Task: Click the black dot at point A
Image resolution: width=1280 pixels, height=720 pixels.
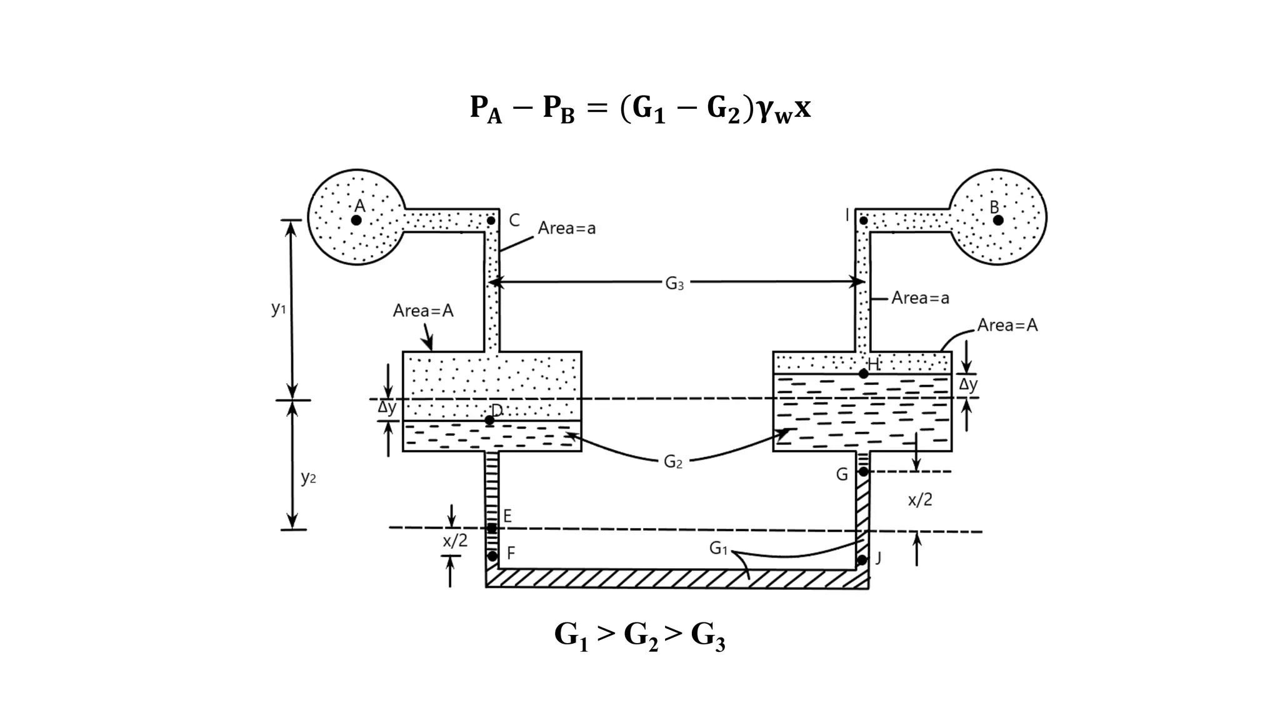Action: [x=356, y=220]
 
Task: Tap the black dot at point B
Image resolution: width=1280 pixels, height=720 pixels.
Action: [x=998, y=220]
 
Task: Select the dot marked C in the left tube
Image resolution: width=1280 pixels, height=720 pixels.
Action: [x=491, y=221]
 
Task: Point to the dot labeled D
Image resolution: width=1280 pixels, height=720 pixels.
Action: [x=489, y=420]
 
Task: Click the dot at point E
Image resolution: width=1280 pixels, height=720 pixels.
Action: [x=492, y=529]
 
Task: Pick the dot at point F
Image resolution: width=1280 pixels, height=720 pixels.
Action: [x=492, y=556]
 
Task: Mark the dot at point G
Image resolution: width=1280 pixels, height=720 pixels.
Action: [x=863, y=471]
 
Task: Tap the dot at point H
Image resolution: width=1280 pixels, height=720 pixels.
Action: [x=863, y=374]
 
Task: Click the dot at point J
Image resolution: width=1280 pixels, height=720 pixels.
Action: [x=862, y=560]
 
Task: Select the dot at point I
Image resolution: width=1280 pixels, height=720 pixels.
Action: [x=863, y=221]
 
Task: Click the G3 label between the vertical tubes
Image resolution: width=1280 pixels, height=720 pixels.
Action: [x=674, y=284]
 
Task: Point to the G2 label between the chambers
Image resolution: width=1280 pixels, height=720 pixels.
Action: [x=673, y=462]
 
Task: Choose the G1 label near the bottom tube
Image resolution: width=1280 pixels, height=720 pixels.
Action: [x=718, y=549]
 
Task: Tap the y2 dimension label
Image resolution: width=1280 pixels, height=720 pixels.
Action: [x=308, y=477]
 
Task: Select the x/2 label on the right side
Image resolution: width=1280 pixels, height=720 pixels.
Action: [x=920, y=499]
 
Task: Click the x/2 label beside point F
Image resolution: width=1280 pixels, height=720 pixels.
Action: [x=455, y=541]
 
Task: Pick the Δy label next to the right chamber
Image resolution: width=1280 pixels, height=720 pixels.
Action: [x=968, y=384]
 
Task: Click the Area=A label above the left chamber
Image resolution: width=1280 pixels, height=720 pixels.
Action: [x=423, y=311]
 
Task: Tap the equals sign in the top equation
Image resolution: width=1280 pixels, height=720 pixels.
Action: [x=597, y=108]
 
